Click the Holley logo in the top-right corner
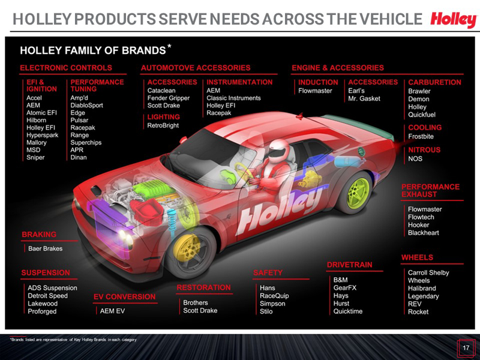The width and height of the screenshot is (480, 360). tap(453, 20)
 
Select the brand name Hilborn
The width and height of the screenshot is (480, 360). tap(37, 119)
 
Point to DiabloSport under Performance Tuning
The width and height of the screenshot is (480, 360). tap(86, 104)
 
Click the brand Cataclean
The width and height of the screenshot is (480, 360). tap(161, 91)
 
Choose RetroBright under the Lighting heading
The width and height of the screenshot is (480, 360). tap(163, 126)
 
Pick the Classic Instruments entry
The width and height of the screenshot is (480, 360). tap(233, 98)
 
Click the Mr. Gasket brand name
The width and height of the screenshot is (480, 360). tap(364, 98)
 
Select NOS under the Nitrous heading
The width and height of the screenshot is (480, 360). tap(415, 159)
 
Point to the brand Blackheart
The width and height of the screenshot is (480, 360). tap(424, 233)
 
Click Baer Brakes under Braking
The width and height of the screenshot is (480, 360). tap(45, 248)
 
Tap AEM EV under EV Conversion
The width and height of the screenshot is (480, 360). tap(112, 311)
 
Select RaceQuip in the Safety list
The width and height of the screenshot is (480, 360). tap(274, 296)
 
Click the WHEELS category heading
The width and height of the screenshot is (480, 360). tap(417, 257)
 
